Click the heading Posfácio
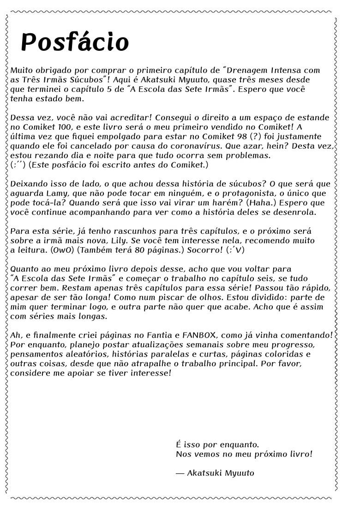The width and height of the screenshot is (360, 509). coord(75,42)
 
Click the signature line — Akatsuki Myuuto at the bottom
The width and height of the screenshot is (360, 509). coord(215,473)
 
